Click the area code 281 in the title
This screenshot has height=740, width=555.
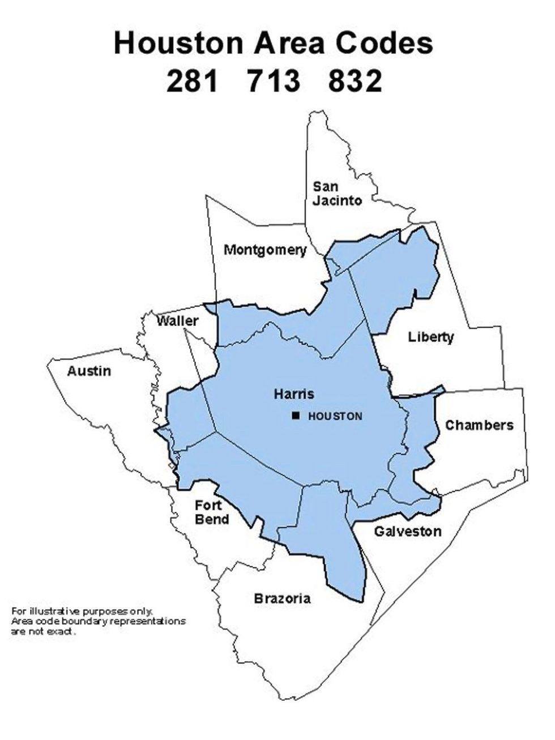tap(193, 80)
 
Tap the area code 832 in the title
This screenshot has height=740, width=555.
tap(355, 80)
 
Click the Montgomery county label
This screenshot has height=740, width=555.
tap(265, 250)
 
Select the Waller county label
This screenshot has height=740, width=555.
tap(178, 321)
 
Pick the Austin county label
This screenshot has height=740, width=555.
tap(89, 371)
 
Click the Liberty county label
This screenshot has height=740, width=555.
tap(431, 337)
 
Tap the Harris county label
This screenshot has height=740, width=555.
tap(293, 393)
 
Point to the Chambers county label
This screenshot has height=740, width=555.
tap(479, 425)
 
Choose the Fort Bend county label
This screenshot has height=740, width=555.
tap(212, 512)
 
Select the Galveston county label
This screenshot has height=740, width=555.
tap(407, 531)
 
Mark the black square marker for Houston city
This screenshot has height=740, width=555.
tap(296, 416)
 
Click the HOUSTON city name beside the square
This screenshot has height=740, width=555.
tap(335, 417)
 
